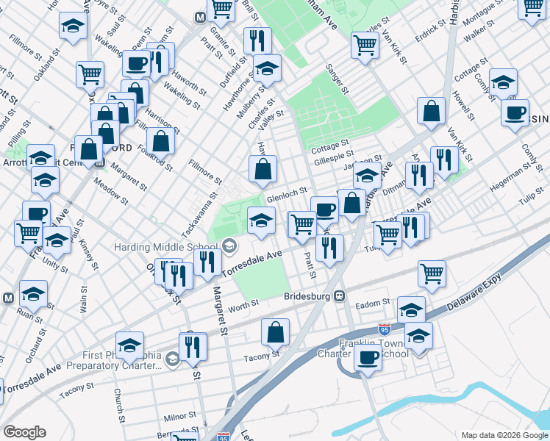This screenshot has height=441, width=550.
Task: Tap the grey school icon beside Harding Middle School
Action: coord(229,245)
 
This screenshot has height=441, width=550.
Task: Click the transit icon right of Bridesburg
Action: coord(340,296)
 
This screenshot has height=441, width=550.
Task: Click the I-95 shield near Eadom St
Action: coord(385,330)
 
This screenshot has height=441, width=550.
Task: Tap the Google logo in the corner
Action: coord(24,432)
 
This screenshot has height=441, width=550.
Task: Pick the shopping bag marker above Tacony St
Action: coord(275,332)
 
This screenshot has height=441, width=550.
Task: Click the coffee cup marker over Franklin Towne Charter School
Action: coord(367,358)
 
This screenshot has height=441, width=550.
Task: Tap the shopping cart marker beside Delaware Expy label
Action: coord(432,273)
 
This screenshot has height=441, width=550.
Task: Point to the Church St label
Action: coord(119,405)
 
